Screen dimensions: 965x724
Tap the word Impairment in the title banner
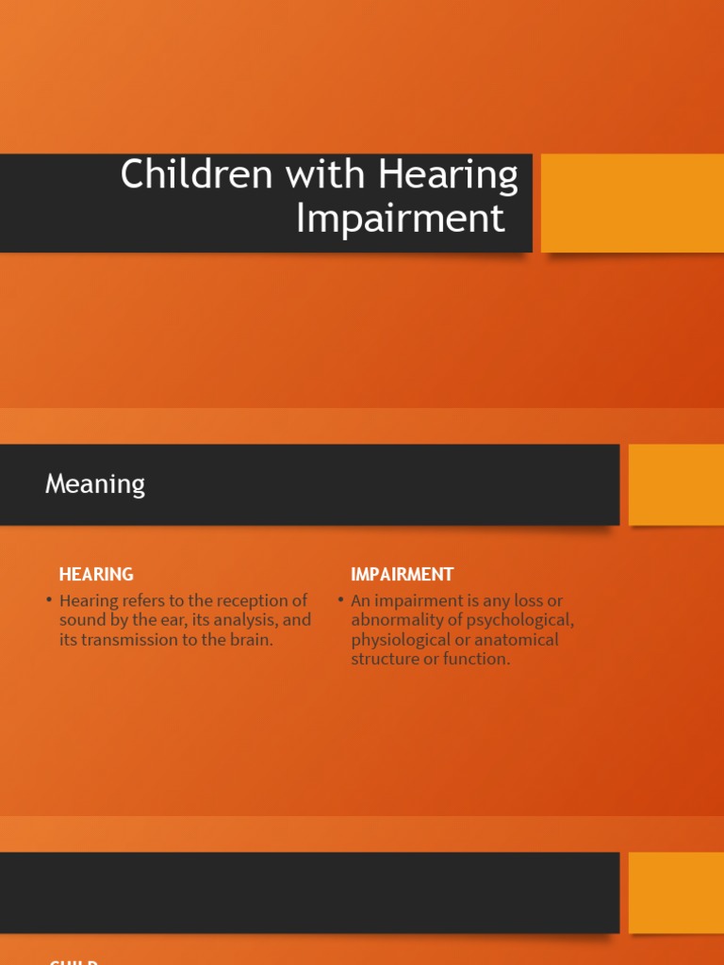click(401, 219)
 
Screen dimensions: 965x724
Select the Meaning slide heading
click(95, 484)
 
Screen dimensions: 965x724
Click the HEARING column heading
click(96, 574)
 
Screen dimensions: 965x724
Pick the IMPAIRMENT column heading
click(402, 574)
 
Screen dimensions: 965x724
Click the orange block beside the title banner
click(632, 203)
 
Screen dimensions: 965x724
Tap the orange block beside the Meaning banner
click(676, 484)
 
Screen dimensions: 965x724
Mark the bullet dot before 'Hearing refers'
click(48, 600)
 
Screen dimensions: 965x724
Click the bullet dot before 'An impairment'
click(340, 600)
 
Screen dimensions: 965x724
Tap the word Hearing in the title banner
click(448, 175)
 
